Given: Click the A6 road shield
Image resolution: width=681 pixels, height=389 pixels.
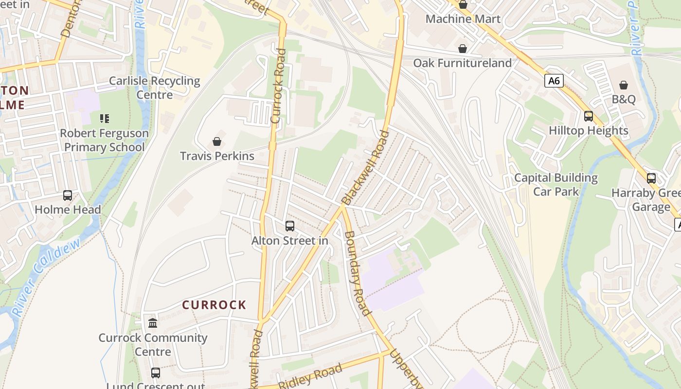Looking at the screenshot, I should tap(554, 81).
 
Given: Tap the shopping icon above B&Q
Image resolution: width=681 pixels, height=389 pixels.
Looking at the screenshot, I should tap(623, 85).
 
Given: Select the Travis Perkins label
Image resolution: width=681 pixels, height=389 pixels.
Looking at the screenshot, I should tap(217, 156).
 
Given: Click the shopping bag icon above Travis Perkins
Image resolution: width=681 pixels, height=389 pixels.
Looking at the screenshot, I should tap(217, 141).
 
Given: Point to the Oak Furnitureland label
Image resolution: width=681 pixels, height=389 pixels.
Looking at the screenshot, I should tap(462, 63).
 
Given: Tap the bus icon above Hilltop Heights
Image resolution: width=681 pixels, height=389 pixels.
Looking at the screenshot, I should tap(588, 116).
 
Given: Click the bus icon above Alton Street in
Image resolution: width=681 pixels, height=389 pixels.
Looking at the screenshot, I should tap(290, 226).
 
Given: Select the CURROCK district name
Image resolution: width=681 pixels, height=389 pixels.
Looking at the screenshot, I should tap(214, 305).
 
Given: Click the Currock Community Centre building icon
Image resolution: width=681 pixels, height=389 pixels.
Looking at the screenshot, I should tap(153, 323).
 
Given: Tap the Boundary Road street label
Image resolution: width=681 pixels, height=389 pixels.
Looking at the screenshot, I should tap(358, 273).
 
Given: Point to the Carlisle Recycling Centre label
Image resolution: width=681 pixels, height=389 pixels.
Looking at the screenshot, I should tap(155, 88).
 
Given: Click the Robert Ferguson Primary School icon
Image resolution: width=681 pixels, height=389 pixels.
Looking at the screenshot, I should tap(104, 118).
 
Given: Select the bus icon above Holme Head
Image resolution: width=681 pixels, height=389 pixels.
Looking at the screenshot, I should tap(68, 195).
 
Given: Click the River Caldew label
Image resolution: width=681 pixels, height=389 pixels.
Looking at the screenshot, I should tap(46, 276).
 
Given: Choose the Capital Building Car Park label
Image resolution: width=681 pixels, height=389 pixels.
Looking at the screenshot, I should tap(556, 184).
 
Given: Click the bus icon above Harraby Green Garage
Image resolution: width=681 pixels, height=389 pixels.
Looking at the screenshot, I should tap(651, 178).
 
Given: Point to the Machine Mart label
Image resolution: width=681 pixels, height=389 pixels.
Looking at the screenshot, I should tap(463, 19).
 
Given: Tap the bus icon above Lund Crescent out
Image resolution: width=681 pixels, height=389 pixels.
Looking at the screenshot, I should tap(155, 373).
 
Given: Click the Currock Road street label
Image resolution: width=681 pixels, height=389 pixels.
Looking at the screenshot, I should tap(278, 85).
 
